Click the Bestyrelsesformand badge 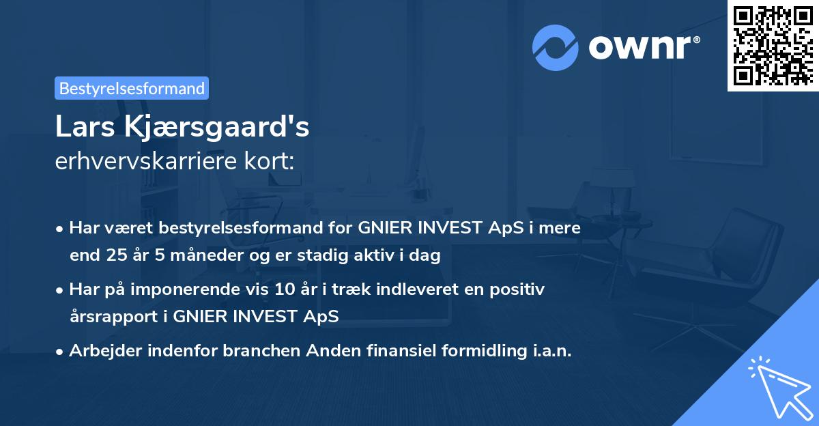132,88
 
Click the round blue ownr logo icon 556,48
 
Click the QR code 773,45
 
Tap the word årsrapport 116,317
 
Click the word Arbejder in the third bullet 100,351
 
